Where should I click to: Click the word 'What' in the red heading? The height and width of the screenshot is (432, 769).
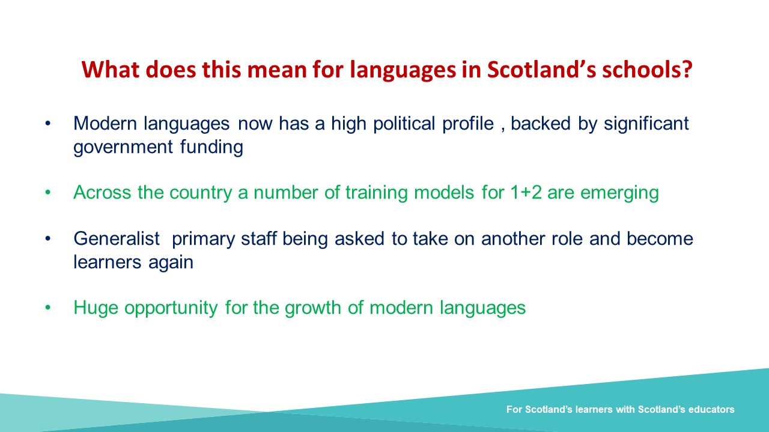pyautogui.click(x=110, y=70)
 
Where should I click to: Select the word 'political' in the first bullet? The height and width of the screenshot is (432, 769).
pyautogui.click(x=404, y=124)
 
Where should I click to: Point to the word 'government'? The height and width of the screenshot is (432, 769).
pyautogui.click(x=123, y=148)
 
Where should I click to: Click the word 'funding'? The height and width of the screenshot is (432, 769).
pyautogui.click(x=211, y=147)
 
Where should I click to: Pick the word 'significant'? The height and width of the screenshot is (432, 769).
pyautogui.click(x=646, y=124)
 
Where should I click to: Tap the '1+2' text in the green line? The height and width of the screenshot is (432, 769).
pyautogui.click(x=526, y=193)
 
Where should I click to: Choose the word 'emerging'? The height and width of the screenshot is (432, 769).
pyautogui.click(x=619, y=193)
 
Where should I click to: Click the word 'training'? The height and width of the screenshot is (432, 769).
pyautogui.click(x=377, y=193)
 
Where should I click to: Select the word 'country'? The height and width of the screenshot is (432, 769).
pyautogui.click(x=201, y=193)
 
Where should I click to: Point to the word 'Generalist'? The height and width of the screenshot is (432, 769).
pyautogui.click(x=117, y=239)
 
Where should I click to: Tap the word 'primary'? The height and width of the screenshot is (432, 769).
pyautogui.click(x=203, y=239)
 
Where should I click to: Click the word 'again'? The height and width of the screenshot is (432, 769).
pyautogui.click(x=171, y=263)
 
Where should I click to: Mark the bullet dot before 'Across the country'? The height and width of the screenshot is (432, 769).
pyautogui.click(x=47, y=193)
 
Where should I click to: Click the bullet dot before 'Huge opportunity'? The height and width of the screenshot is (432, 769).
pyautogui.click(x=47, y=308)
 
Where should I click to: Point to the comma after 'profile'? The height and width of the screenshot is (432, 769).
pyautogui.click(x=503, y=130)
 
